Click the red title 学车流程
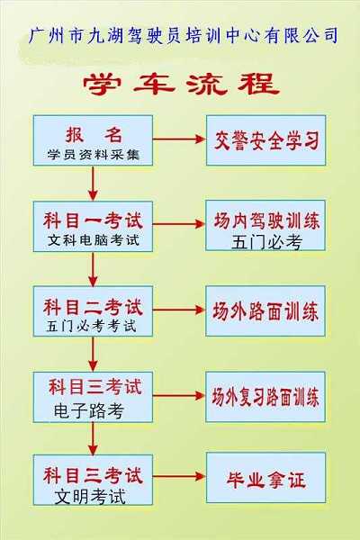(181, 84)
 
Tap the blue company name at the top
(183, 35)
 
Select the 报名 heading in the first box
(94, 135)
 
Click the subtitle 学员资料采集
(94, 155)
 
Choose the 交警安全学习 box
(266, 140)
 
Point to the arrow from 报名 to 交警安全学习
(179, 139)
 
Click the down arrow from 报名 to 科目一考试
(93, 184)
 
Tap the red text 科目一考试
(93, 220)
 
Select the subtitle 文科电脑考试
(94, 240)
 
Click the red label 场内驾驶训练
(266, 220)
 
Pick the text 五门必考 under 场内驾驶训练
(266, 242)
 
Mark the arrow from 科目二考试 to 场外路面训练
(179, 310)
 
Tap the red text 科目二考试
(93, 307)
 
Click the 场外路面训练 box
(265, 310)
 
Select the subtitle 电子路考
(89, 411)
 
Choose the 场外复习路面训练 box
(265, 397)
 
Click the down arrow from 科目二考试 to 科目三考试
(93, 354)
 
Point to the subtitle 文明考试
(90, 497)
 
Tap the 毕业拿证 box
(266, 478)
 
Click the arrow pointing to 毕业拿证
(179, 477)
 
